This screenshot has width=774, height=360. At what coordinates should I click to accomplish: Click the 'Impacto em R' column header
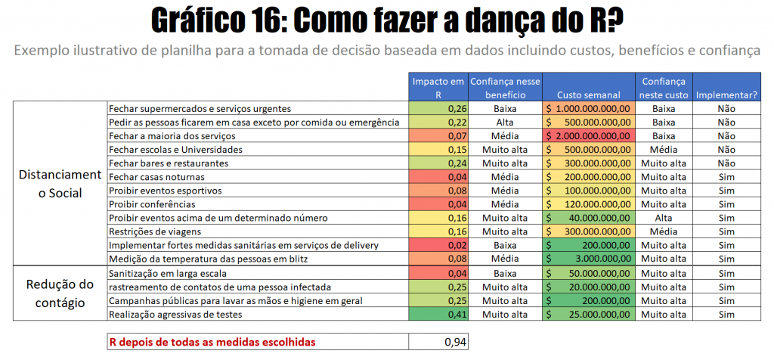[438, 88]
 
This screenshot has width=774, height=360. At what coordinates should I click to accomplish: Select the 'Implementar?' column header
[726, 95]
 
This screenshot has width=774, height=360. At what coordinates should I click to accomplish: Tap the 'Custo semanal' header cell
[588, 95]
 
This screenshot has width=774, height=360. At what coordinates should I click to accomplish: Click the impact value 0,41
[438, 314]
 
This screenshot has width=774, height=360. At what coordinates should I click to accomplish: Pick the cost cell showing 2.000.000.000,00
[588, 136]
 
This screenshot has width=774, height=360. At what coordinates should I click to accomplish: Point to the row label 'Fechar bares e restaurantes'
[168, 163]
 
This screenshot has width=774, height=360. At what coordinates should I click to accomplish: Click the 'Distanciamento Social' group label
[60, 184]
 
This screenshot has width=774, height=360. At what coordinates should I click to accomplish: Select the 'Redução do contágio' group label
[60, 293]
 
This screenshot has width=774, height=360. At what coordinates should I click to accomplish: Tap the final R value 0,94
[438, 342]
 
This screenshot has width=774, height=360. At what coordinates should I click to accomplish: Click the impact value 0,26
[438, 109]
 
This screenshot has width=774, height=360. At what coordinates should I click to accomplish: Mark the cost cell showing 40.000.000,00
[588, 219]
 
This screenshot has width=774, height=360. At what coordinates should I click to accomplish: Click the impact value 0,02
[438, 246]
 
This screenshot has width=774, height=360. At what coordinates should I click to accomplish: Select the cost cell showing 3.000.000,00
[588, 259]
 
